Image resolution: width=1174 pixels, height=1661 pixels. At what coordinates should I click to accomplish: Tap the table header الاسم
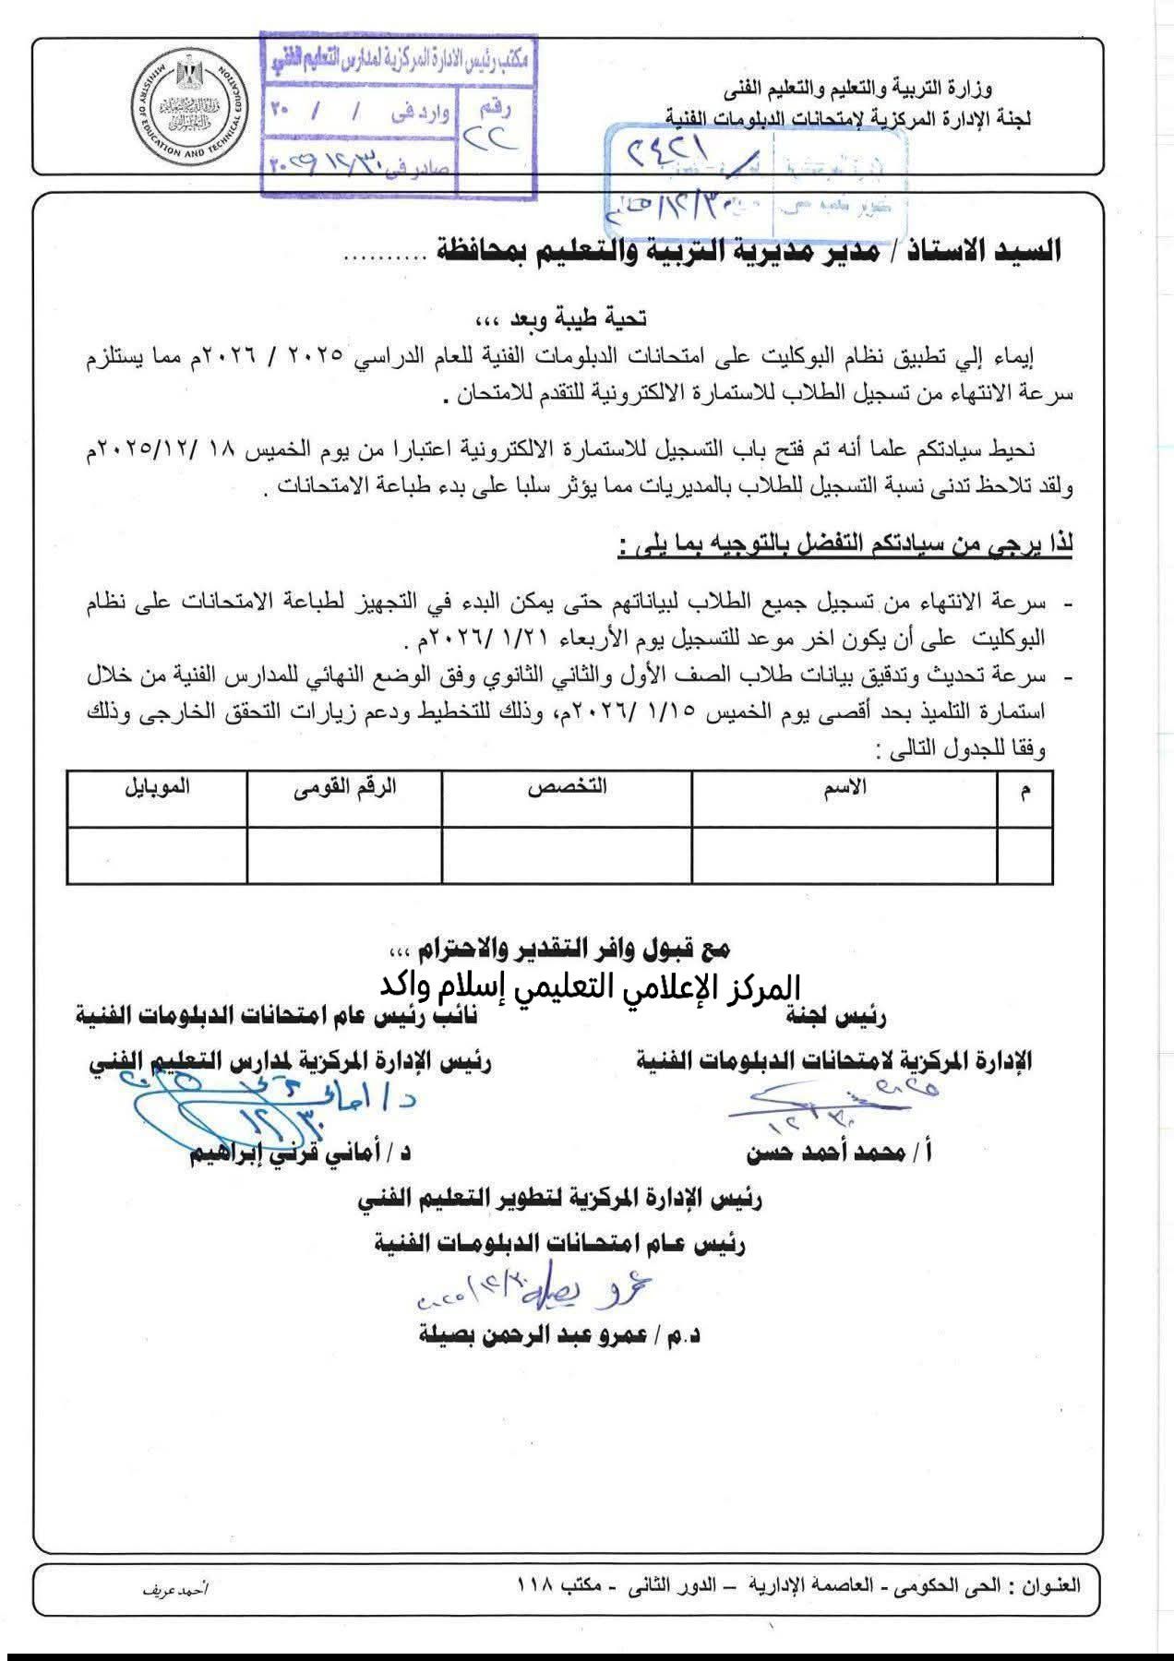click(845, 787)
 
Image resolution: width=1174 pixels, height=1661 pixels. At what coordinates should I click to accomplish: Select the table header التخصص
click(567, 787)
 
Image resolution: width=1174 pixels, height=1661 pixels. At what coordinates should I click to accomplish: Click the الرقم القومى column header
click(344, 787)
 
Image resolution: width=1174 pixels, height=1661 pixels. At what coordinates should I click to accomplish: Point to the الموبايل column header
click(157, 787)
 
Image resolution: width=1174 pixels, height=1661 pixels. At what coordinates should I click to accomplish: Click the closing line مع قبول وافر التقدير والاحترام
click(559, 948)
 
